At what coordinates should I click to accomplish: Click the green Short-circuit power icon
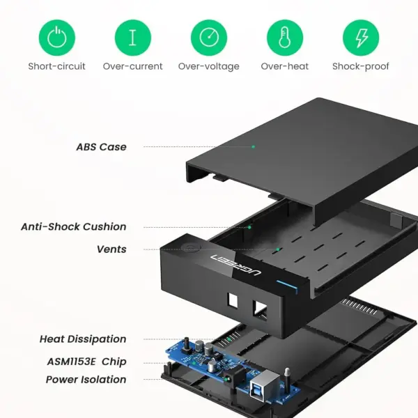pyautogui.click(x=57, y=38)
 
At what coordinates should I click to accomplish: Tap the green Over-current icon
pyautogui.click(x=133, y=38)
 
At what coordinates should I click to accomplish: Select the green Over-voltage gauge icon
pyautogui.click(x=209, y=38)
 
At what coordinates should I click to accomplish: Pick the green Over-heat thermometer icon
pyautogui.click(x=285, y=38)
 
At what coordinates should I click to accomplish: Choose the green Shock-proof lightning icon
pyautogui.click(x=361, y=38)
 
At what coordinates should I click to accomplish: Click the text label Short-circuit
pyautogui.click(x=57, y=66)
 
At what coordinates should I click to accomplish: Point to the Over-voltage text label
pyautogui.click(x=209, y=67)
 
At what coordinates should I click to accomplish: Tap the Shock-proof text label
pyautogui.click(x=361, y=67)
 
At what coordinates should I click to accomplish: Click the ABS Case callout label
pyautogui.click(x=101, y=147)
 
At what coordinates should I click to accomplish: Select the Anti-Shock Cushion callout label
pyautogui.click(x=74, y=226)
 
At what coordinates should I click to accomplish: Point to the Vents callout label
pyautogui.click(x=111, y=249)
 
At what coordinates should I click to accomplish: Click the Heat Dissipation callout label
pyautogui.click(x=83, y=339)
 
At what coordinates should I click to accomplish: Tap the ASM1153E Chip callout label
pyautogui.click(x=86, y=362)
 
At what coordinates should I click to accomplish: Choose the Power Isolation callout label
pyautogui.click(x=86, y=380)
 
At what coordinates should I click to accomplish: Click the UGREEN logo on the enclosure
pyautogui.click(x=235, y=265)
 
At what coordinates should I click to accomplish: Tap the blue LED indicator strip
pyautogui.click(x=287, y=286)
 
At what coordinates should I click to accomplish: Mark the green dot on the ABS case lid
pyautogui.click(x=254, y=146)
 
